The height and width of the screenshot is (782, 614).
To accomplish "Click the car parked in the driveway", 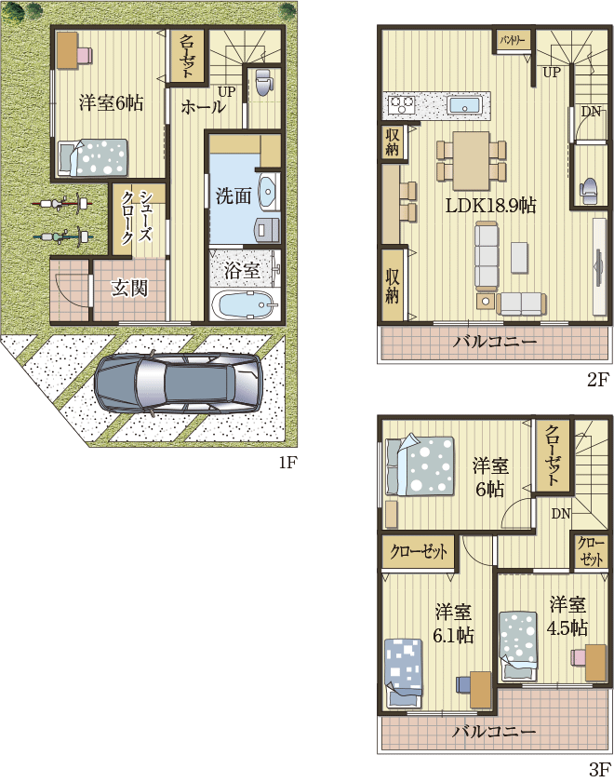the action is [x=176, y=383].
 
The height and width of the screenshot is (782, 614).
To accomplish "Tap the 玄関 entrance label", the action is [x=129, y=289].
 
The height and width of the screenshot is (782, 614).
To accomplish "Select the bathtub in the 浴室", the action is [x=243, y=303].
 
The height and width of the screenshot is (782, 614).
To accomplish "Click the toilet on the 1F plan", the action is [x=262, y=82].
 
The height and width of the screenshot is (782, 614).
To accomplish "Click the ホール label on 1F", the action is [x=203, y=107].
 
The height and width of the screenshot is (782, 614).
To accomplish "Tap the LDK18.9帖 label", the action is [x=490, y=205].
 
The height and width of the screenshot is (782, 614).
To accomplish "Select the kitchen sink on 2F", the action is [x=463, y=106].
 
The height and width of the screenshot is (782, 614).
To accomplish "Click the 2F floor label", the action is [x=598, y=381].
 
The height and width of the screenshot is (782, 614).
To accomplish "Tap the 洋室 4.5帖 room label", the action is [x=567, y=616].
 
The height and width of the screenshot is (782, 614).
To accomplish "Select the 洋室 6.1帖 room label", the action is [x=453, y=623].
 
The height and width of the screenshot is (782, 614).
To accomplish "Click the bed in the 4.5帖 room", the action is [x=519, y=645].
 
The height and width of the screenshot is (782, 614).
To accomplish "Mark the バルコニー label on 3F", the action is [x=494, y=732].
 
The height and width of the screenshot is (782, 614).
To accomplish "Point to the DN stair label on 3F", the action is [x=561, y=514].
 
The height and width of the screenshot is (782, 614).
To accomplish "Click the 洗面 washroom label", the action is [x=234, y=196].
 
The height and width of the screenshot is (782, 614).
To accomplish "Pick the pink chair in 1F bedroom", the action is [x=85, y=54].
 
